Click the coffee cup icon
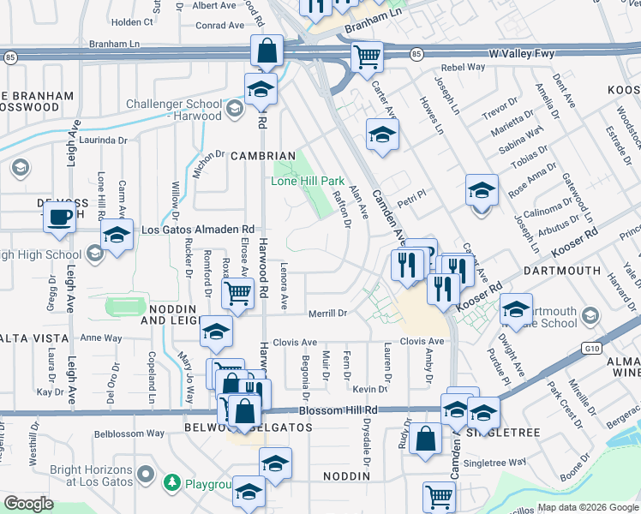click(59, 217)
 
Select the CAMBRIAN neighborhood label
click(262, 156)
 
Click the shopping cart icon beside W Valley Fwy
click(367, 57)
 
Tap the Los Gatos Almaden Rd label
click(198, 230)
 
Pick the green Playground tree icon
click(173, 483)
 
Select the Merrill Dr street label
click(327, 314)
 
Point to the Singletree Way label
click(494, 463)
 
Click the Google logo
click(29, 503)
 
